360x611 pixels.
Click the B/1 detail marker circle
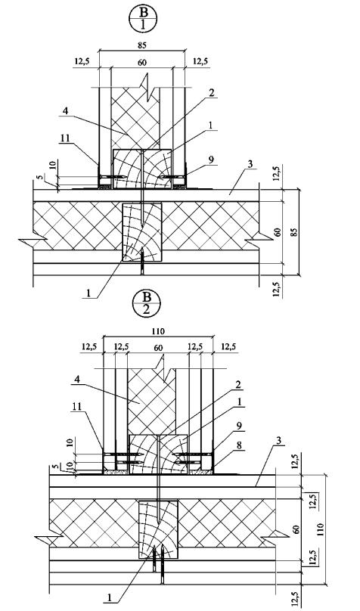click(x=143, y=20)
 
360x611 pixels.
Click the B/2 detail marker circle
click(x=146, y=304)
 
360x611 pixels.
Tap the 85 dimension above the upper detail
click(x=142, y=45)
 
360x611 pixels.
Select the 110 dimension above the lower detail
click(x=158, y=331)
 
